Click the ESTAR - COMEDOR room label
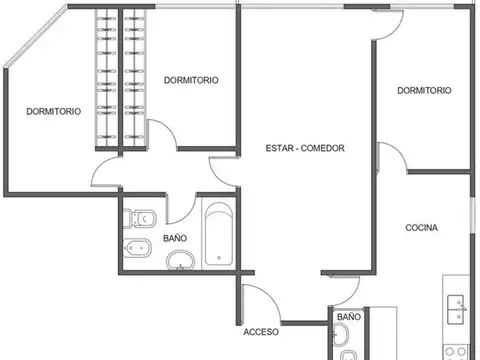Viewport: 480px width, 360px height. [305, 148]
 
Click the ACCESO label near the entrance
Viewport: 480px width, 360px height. [260, 331]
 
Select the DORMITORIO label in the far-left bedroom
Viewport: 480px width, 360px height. [53, 112]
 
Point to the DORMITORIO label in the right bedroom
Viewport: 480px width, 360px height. [423, 90]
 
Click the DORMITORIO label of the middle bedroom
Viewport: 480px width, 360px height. [191, 80]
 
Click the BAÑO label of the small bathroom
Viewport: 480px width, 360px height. [348, 317]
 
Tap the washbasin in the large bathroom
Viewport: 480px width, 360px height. [180, 262]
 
